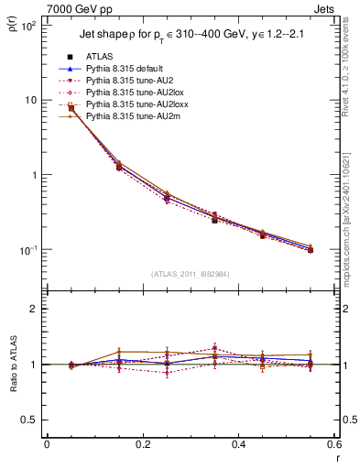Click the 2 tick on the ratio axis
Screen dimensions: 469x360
(x=36, y=310)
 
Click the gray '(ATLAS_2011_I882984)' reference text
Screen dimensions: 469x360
(x=190, y=274)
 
